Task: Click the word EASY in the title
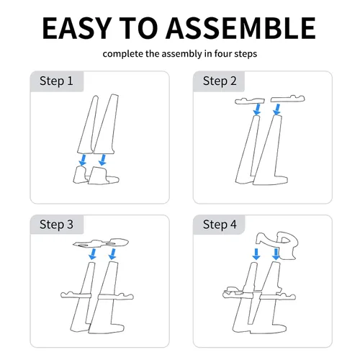tap(77, 28)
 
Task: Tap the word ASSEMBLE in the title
tap(240, 28)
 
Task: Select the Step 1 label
tap(56, 81)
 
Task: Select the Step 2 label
tap(220, 81)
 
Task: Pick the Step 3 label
tap(56, 225)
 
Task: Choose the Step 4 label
tap(220, 225)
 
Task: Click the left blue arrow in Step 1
tap(83, 160)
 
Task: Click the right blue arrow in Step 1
tap(103, 160)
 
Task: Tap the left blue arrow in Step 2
tap(257, 109)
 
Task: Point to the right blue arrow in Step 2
tap(277, 109)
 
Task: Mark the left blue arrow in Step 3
tap(92, 254)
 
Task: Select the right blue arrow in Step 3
tap(112, 254)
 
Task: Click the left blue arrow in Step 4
tap(256, 254)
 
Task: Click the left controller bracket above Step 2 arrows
tap(250, 101)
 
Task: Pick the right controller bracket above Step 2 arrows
tap(288, 99)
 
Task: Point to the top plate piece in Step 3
tap(101, 243)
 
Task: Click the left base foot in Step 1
tap(81, 175)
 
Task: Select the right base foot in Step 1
tap(102, 176)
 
